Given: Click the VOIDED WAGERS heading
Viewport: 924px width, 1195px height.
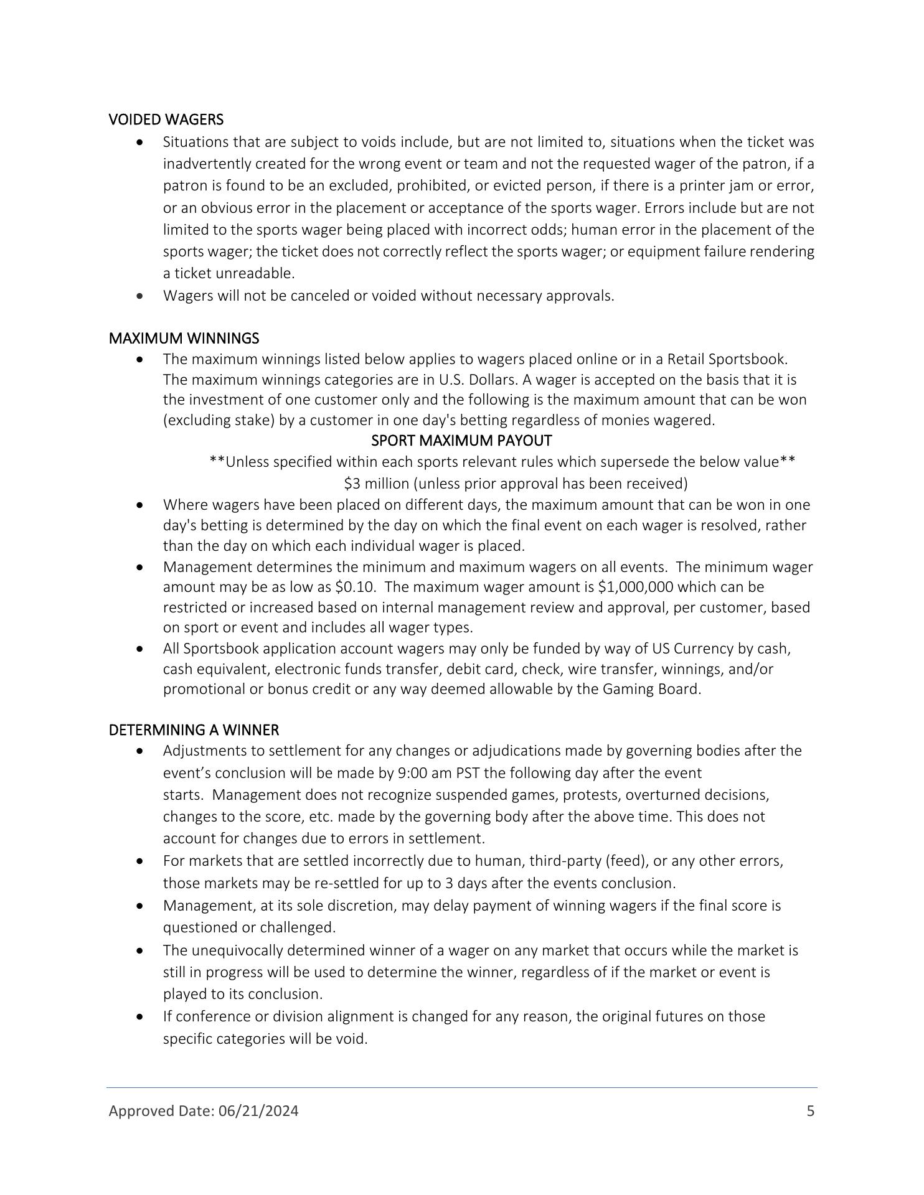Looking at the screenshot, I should (x=166, y=119).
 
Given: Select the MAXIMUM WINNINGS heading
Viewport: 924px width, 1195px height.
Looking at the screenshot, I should (x=184, y=339).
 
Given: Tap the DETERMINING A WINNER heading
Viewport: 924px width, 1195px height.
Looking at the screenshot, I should (x=194, y=729).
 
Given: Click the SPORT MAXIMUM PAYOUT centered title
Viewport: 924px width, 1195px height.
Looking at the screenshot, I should (x=461, y=441).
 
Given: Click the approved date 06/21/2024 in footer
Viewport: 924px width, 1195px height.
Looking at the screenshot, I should (x=258, y=1111).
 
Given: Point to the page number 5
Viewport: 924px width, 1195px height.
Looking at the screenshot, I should (x=810, y=1111).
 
